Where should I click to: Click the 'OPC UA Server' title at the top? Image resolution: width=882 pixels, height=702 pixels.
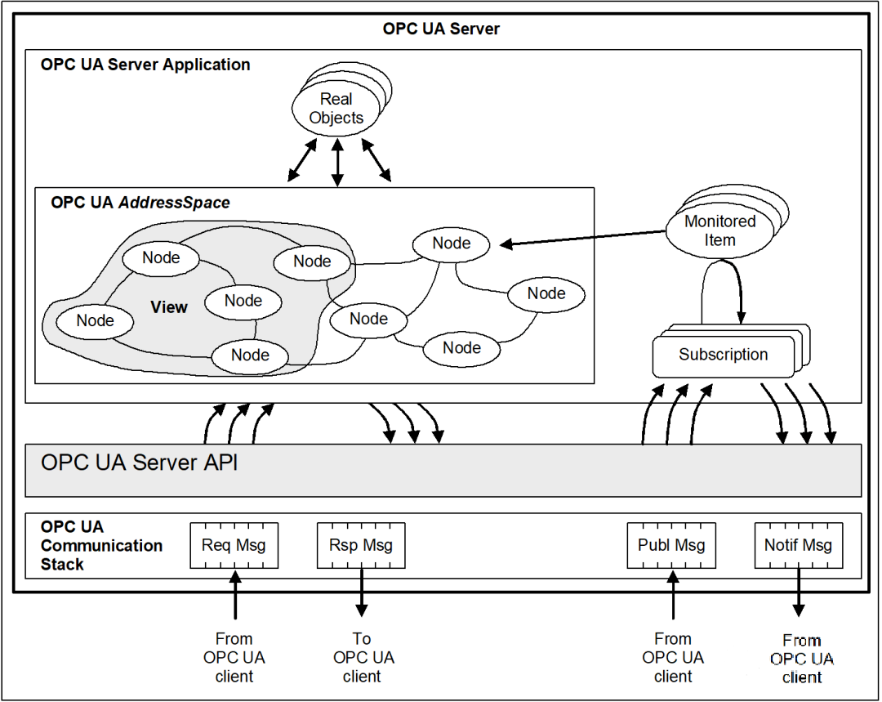coord(441,29)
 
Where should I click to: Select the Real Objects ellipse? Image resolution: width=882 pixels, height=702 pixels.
coord(336,109)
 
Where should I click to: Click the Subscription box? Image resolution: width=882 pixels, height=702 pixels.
coord(723,355)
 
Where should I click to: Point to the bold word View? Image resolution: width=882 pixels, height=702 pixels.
coord(169,307)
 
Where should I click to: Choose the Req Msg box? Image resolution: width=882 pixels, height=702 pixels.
coord(234,546)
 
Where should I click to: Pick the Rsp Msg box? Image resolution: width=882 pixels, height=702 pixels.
coord(360,546)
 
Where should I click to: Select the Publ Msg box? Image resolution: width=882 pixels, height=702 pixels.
coord(671,546)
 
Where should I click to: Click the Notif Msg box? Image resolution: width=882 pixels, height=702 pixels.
coord(798,546)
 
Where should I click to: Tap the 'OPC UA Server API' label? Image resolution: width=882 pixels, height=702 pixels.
coord(140,463)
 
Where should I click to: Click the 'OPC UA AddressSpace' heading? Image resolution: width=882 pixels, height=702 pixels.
coord(140,203)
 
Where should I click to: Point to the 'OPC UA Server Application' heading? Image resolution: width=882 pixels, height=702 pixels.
coord(145,65)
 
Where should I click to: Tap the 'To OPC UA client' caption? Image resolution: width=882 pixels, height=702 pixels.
coord(362,657)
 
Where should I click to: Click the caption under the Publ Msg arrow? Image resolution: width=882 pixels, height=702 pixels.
coord(673,657)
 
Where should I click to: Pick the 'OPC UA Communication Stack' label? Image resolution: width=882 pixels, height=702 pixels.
coord(101,545)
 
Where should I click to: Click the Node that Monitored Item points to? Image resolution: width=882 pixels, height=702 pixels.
coord(452,244)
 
